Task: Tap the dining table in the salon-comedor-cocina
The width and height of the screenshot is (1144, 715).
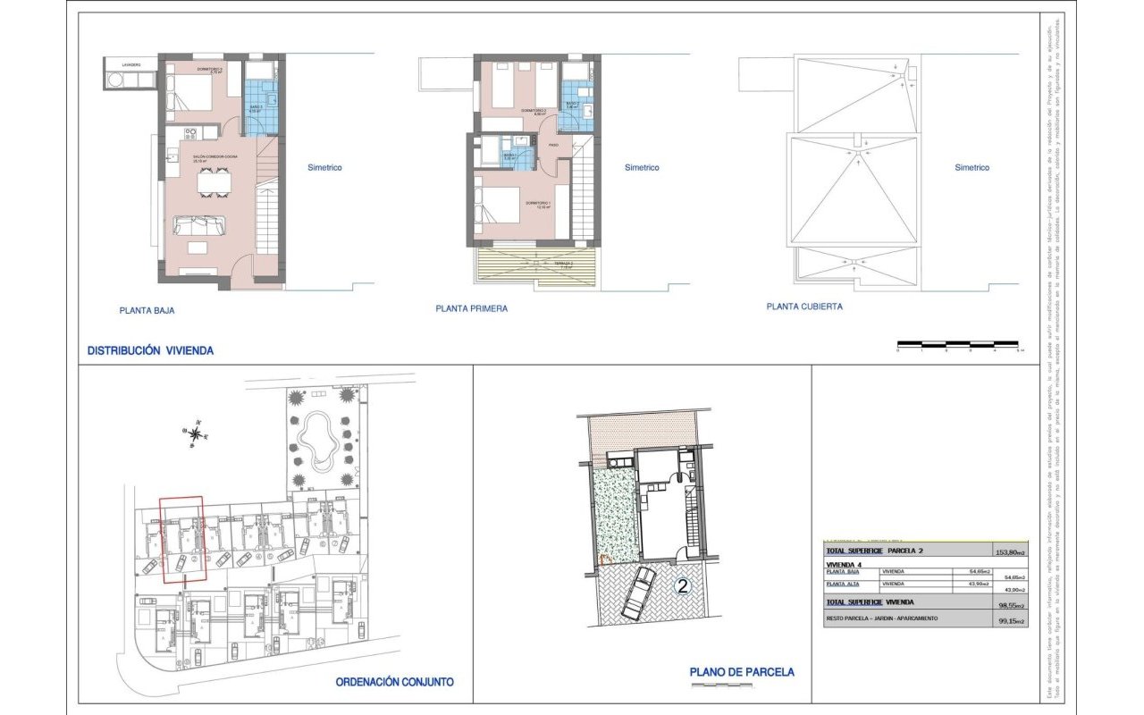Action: tap(213, 182)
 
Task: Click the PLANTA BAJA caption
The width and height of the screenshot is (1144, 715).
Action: tap(147, 311)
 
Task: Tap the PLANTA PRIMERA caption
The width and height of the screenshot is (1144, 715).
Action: tap(472, 308)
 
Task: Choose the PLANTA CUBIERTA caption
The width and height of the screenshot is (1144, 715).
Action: tap(804, 306)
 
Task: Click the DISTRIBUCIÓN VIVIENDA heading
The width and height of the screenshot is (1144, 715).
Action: tap(150, 351)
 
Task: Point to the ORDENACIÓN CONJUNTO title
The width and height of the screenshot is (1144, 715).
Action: tap(394, 682)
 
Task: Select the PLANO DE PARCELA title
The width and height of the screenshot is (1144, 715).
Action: tap(742, 672)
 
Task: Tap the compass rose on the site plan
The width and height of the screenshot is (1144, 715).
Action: tap(195, 433)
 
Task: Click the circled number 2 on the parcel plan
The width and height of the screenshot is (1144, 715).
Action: tap(683, 586)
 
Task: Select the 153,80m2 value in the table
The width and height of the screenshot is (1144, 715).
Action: tap(1010, 551)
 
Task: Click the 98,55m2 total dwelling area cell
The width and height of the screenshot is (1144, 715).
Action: tap(1010, 605)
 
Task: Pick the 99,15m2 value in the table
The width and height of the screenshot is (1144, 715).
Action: tap(1010, 620)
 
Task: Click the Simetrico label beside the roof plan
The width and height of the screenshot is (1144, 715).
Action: tap(972, 167)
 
